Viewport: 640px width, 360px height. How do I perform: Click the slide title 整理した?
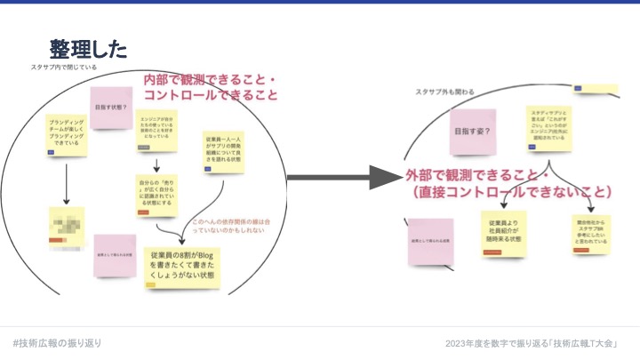pos(88,49)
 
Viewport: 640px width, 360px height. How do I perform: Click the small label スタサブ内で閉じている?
pos(63,68)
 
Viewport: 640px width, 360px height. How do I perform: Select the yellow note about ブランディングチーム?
pos(67,135)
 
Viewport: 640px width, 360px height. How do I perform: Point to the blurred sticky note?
pos(67,225)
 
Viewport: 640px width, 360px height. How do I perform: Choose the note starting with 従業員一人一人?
pos(222,149)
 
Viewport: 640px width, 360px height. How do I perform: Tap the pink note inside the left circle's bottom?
pos(115,255)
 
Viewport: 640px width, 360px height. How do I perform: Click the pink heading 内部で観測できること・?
pos(211,81)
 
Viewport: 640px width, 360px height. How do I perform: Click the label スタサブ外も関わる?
pos(444,92)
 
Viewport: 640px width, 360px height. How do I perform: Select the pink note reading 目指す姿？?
pos(472,132)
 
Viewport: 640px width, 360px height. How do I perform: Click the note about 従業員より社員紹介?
pos(503,233)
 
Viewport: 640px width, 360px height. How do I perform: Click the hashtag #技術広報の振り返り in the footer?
pos(57,343)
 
